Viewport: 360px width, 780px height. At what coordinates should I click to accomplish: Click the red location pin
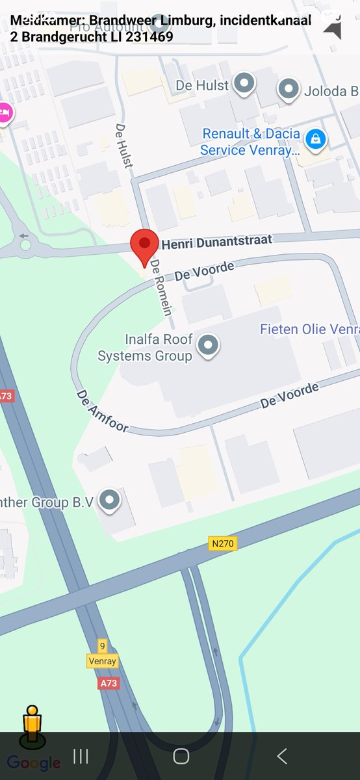click(144, 246)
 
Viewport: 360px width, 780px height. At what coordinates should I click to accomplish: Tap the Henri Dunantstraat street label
click(216, 242)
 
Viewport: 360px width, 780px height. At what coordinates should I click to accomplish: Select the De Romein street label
click(161, 287)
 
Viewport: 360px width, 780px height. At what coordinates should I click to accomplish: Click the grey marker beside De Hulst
click(244, 84)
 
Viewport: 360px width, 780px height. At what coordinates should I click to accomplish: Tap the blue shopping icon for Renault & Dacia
click(316, 138)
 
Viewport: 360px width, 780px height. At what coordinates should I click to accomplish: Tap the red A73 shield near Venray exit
click(109, 683)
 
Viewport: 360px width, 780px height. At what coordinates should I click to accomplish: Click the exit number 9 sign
click(102, 646)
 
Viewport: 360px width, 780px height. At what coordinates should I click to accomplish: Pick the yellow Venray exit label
click(102, 661)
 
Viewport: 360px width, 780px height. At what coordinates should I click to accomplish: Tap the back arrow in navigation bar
click(281, 756)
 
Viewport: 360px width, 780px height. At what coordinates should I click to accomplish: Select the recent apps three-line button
click(81, 756)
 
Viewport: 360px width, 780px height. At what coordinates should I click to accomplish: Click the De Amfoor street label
click(102, 411)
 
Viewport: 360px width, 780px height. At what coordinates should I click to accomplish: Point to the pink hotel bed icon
click(4, 112)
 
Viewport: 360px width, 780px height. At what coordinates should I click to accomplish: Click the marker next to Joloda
click(288, 89)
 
